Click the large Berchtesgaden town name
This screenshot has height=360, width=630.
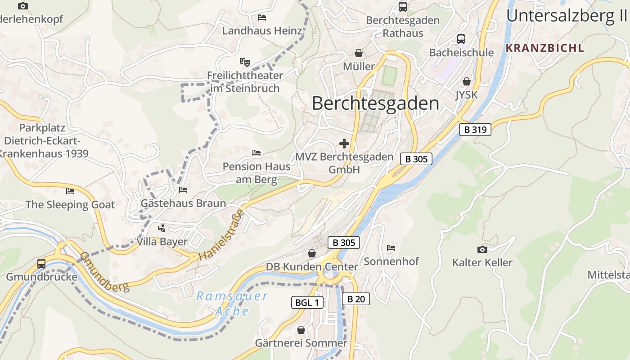click(x=375, y=103)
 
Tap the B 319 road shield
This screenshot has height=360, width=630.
click(x=475, y=130)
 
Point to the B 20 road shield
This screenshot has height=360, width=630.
click(x=355, y=299)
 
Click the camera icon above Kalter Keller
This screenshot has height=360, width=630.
click(x=482, y=249)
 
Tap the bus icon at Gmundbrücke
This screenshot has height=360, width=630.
click(x=41, y=263)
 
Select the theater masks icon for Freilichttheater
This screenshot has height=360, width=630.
click(x=244, y=61)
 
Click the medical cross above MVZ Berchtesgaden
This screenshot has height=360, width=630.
click(x=344, y=144)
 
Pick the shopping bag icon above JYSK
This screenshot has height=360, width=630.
click(x=467, y=81)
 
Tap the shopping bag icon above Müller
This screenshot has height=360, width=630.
click(x=359, y=53)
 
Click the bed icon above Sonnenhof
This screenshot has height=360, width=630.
click(x=391, y=248)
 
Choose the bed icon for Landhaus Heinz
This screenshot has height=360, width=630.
click(x=262, y=18)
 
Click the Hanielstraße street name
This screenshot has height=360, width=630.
click(x=221, y=235)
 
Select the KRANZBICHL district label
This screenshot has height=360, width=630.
click(x=544, y=48)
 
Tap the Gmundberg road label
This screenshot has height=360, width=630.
click(x=104, y=271)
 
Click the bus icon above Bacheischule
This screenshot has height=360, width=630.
click(x=461, y=39)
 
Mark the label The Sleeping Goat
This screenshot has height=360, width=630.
click(x=70, y=205)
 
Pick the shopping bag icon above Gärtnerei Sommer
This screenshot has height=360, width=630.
click(x=301, y=330)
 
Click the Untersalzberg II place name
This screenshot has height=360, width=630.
click(x=567, y=16)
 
